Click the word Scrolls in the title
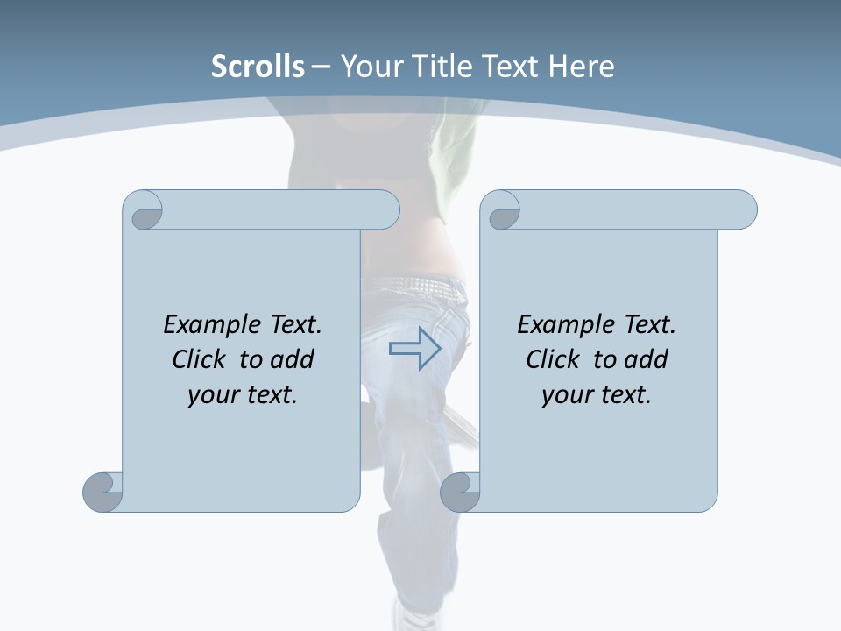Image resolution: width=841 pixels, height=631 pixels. point(258,67)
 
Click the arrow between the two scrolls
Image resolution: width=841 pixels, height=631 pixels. point(415,349)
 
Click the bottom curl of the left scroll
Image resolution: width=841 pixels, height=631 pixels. point(102,491)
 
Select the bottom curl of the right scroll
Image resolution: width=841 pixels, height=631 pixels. point(459,491)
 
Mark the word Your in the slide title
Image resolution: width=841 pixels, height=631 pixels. point(369,67)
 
